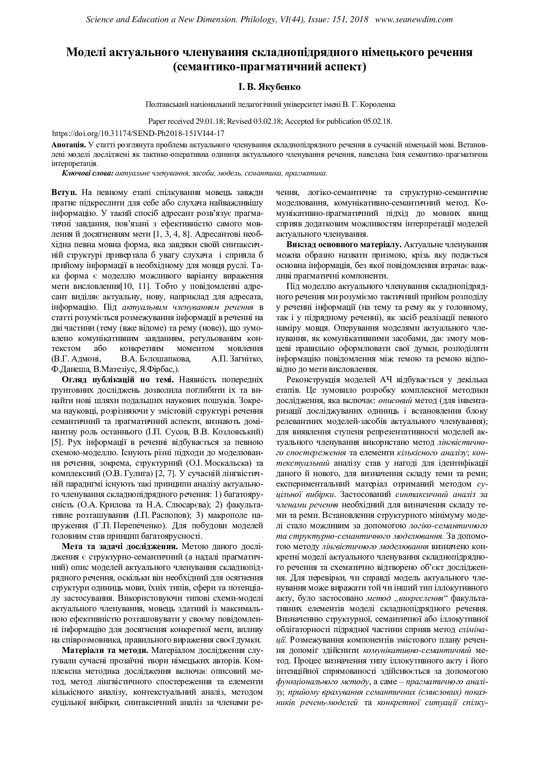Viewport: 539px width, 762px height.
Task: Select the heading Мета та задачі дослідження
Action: tap(120, 546)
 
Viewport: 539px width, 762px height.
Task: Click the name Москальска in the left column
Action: tap(225, 463)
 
